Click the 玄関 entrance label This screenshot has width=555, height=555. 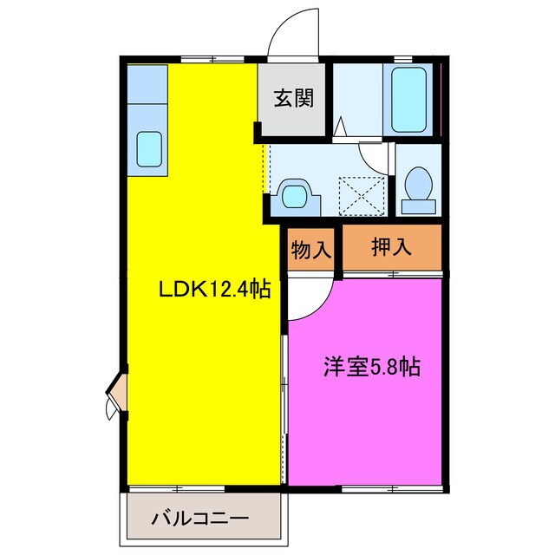click(x=294, y=98)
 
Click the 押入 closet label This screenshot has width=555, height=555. click(x=392, y=250)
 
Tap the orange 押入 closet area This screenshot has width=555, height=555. click(x=392, y=250)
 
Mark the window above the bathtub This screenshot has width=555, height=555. click(x=402, y=60)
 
